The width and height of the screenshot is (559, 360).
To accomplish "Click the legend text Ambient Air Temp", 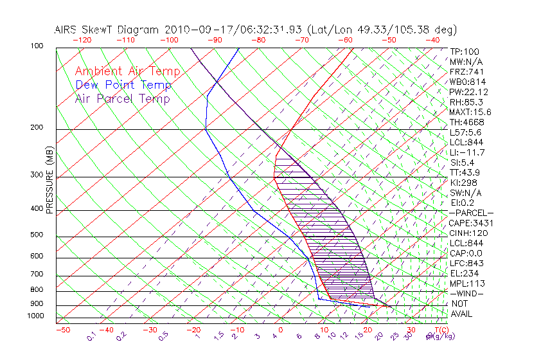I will click(127, 72).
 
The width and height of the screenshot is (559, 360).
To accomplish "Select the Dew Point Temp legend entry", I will click(123, 85).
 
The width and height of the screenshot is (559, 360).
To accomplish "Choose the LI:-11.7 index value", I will click(467, 152).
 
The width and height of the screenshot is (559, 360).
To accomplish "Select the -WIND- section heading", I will click(466, 294).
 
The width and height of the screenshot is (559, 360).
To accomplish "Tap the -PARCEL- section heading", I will click(471, 213).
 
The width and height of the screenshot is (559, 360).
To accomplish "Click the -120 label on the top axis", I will click(82, 40).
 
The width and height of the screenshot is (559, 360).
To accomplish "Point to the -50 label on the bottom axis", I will click(62, 330).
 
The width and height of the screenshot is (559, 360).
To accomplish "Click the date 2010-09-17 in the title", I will click(195, 30).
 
